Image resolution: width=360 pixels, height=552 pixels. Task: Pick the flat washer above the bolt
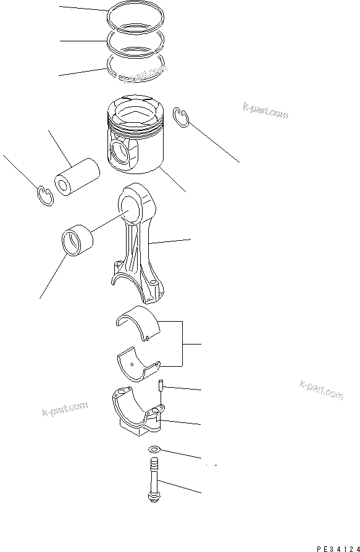tap(154, 450)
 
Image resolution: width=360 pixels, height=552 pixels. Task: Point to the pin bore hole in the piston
tap(120, 151)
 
